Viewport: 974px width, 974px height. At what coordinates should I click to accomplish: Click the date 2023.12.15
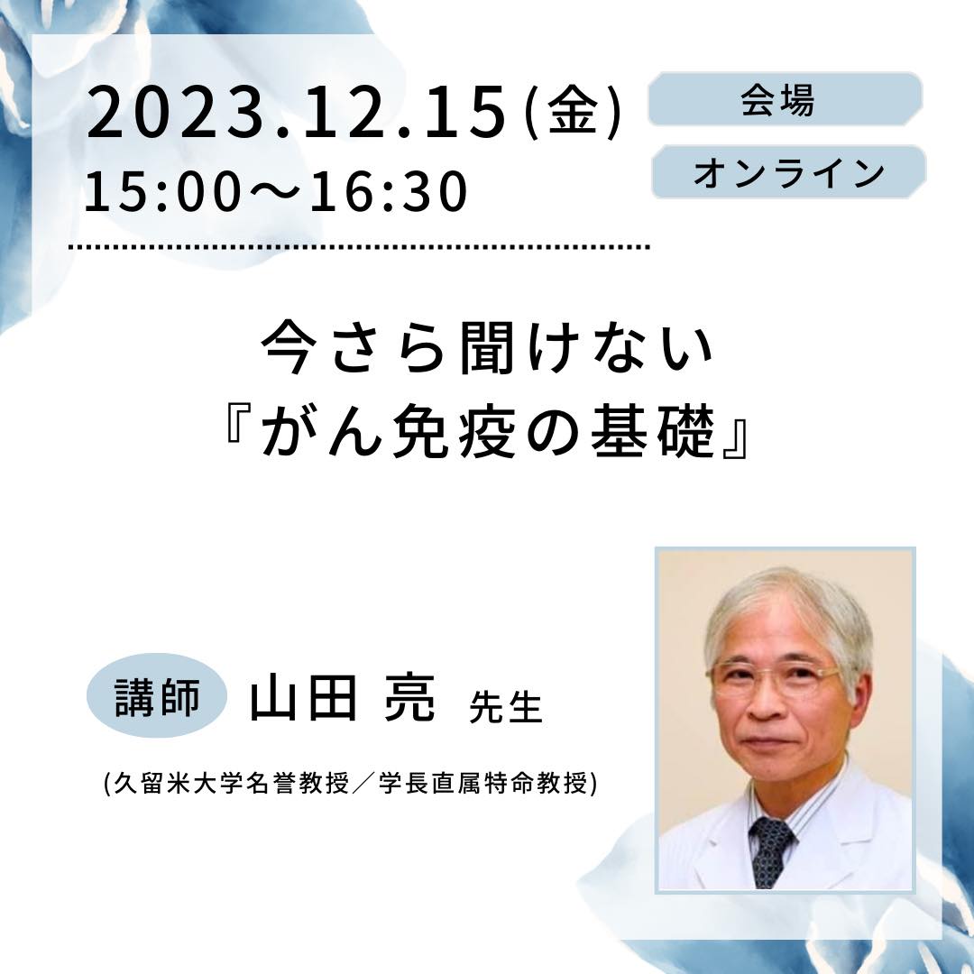click(297, 113)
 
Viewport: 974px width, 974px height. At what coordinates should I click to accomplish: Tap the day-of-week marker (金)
click(573, 113)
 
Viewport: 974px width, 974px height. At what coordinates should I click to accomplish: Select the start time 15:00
click(162, 191)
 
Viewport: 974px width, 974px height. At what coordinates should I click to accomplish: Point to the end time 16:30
click(388, 191)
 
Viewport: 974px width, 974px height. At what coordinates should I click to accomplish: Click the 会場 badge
click(786, 99)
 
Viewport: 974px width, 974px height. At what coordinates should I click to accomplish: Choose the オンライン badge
click(789, 172)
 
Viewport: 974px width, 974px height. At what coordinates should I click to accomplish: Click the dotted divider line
click(359, 246)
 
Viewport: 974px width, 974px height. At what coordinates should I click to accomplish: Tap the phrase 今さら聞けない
click(487, 348)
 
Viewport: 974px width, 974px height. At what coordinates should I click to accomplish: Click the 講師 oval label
click(157, 695)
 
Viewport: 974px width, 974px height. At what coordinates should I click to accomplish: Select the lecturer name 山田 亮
click(343, 698)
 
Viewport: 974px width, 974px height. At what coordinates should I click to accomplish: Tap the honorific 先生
click(506, 707)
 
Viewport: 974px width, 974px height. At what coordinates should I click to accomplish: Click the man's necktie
click(770, 850)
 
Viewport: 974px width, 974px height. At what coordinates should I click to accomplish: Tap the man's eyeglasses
click(774, 677)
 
